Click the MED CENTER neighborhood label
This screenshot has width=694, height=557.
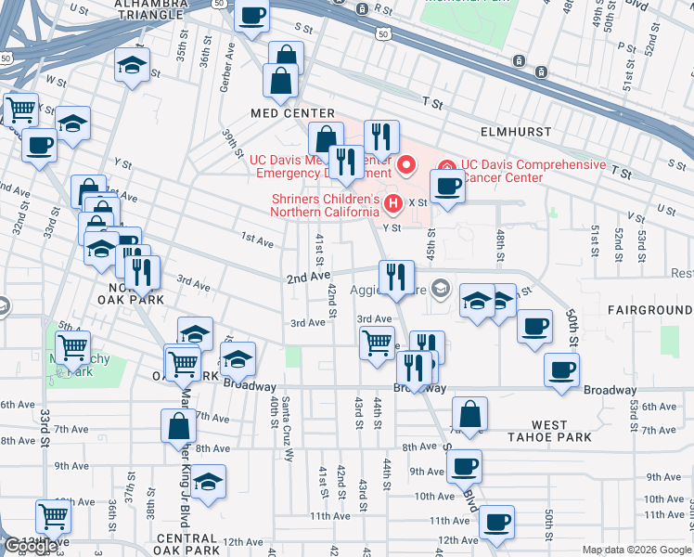[292, 112]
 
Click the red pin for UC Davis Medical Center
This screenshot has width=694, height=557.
[406, 165]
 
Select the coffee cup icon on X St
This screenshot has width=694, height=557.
[446, 186]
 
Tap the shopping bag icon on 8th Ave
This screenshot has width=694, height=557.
[179, 426]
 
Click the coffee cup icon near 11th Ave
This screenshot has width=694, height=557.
[496, 521]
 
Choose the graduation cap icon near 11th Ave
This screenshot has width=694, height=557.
[210, 483]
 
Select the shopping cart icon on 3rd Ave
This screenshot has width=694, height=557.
[377, 343]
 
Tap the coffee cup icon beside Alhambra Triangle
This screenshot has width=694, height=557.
[251, 15]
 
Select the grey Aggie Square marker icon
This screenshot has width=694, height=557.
[440, 287]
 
